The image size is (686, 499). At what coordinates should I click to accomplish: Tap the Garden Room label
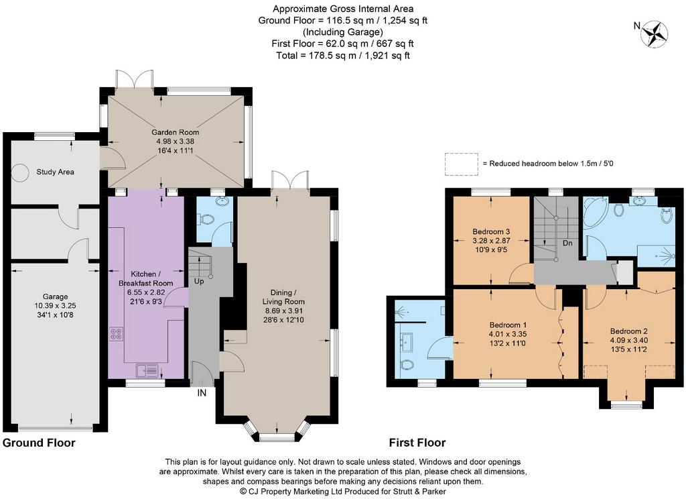[175, 132]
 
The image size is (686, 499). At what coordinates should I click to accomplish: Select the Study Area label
[55, 172]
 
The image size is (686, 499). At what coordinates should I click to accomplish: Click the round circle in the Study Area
[19, 172]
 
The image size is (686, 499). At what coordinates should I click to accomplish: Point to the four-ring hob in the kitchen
[116, 334]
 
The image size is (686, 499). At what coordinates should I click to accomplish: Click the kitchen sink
[147, 371]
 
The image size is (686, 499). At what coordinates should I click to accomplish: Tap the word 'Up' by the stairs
[198, 281]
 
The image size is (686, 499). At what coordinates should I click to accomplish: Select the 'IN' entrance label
[201, 393]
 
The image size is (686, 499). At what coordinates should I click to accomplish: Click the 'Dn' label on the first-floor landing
[567, 243]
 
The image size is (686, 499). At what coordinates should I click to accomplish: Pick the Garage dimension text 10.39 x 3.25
[52, 305]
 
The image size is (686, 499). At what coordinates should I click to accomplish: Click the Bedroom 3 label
[491, 231]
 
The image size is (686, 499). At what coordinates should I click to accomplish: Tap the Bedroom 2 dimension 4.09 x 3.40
[628, 340]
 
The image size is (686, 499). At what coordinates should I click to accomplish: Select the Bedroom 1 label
[508, 325]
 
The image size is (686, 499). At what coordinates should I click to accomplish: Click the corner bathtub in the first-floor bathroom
[596, 213]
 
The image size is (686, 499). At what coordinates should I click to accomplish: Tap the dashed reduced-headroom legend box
[462, 164]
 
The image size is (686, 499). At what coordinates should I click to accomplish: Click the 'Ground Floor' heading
[39, 443]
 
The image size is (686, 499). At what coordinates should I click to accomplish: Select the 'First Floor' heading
[417, 443]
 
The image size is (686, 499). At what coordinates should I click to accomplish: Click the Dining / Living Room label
[283, 296]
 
